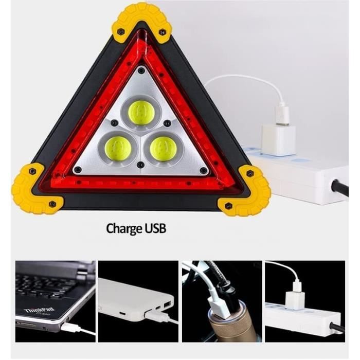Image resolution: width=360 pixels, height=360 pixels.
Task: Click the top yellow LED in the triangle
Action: pos(141,113)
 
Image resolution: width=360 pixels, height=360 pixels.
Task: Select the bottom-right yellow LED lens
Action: pos(163,149)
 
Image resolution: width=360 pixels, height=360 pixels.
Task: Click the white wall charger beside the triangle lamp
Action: pos(278,137)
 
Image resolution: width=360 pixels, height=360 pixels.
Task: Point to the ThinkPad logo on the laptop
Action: pos(40,311)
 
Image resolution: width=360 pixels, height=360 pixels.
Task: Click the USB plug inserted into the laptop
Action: pos(69,327)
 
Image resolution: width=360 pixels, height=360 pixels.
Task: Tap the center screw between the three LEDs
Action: pos(140,165)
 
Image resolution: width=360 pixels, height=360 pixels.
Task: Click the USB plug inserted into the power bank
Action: pos(153,313)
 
